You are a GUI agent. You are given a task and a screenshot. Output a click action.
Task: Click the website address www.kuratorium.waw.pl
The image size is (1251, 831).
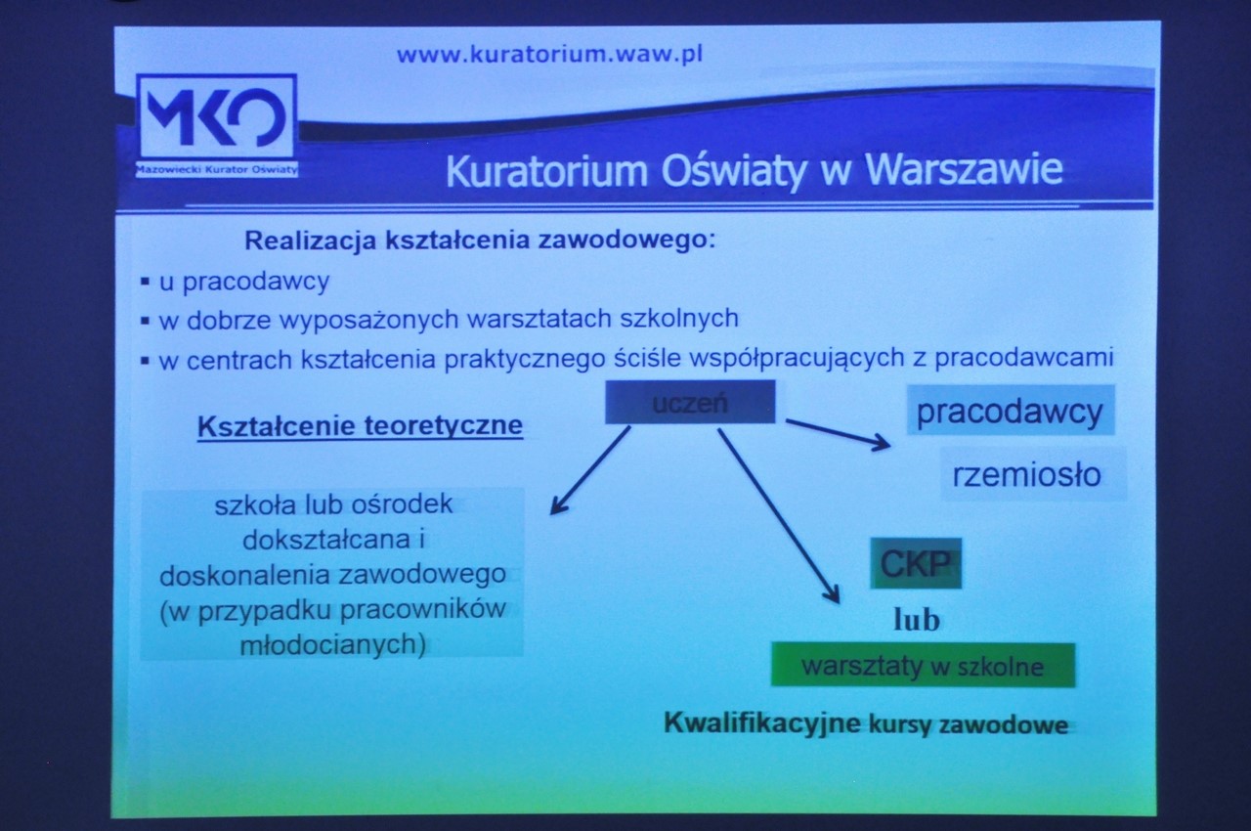click(x=549, y=55)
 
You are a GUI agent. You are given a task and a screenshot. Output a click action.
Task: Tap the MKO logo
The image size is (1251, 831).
click(x=216, y=116)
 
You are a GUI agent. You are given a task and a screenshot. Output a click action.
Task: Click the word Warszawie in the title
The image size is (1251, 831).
click(x=964, y=170)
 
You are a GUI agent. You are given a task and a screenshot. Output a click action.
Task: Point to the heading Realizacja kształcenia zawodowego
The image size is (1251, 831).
click(x=480, y=241)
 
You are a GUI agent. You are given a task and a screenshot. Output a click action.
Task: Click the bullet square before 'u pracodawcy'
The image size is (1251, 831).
click(x=146, y=282)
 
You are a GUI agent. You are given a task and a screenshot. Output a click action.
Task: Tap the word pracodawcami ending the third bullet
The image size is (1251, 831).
click(x=1024, y=358)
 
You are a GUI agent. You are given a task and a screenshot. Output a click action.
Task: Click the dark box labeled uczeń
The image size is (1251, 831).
click(x=690, y=402)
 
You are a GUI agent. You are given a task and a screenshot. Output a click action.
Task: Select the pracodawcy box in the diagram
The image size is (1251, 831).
click(x=1011, y=411)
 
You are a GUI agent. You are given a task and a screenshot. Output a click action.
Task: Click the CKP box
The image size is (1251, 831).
click(x=916, y=563)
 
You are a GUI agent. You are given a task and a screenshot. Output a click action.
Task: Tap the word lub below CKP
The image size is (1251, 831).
click(x=917, y=620)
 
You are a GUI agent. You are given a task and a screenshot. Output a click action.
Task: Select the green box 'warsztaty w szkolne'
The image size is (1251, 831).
click(x=923, y=665)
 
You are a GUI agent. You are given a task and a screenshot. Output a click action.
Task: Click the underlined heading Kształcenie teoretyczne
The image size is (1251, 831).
click(x=361, y=426)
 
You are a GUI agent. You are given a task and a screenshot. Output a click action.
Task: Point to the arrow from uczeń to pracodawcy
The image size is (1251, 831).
click(x=838, y=433)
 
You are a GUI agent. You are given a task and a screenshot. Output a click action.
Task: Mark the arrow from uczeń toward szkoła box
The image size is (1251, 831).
click(x=590, y=470)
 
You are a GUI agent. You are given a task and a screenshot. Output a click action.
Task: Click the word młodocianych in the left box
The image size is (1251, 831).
click(x=333, y=645)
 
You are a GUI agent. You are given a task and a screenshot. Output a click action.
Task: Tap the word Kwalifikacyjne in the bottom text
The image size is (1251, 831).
click(x=762, y=723)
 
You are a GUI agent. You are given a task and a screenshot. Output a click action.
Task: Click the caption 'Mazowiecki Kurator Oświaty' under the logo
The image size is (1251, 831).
click(x=217, y=169)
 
